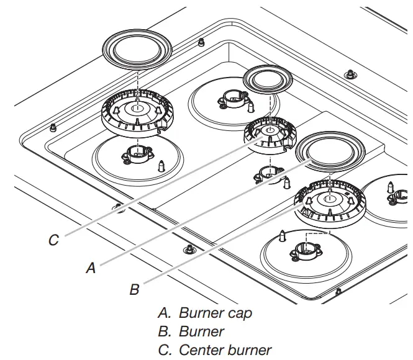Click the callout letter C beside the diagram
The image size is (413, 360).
click(54, 240)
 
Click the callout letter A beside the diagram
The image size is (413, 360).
click(91, 268)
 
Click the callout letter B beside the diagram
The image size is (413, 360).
click(134, 289)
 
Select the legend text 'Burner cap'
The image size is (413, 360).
click(216, 313)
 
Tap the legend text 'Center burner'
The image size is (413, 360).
click(225, 350)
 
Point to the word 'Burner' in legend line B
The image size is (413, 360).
click(201, 331)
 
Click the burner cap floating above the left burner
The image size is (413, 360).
click(137, 50)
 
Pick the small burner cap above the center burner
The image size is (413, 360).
click(268, 79)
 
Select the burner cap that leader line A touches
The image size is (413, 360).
click(330, 152)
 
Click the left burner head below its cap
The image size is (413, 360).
click(137, 113)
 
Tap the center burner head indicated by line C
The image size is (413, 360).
click(270, 135)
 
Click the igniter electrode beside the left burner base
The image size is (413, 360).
click(161, 166)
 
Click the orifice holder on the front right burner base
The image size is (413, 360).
click(306, 251)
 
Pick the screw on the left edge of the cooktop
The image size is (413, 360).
click(53, 127)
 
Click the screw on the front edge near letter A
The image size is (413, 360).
click(189, 249)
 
